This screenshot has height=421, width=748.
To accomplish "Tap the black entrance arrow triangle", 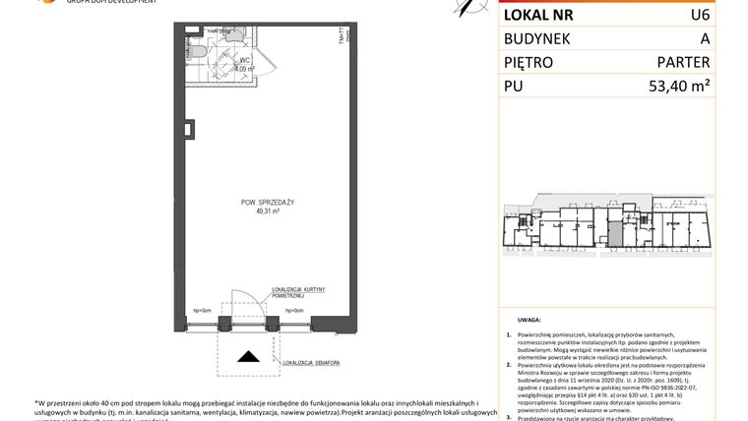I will point(252,358).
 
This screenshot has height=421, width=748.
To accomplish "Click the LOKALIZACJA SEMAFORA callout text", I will point(313,363).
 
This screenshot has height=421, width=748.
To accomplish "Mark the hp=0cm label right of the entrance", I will point(294,311).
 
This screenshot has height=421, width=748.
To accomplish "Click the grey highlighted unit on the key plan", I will point(614,233).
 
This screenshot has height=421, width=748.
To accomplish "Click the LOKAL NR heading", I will point(540,15).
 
